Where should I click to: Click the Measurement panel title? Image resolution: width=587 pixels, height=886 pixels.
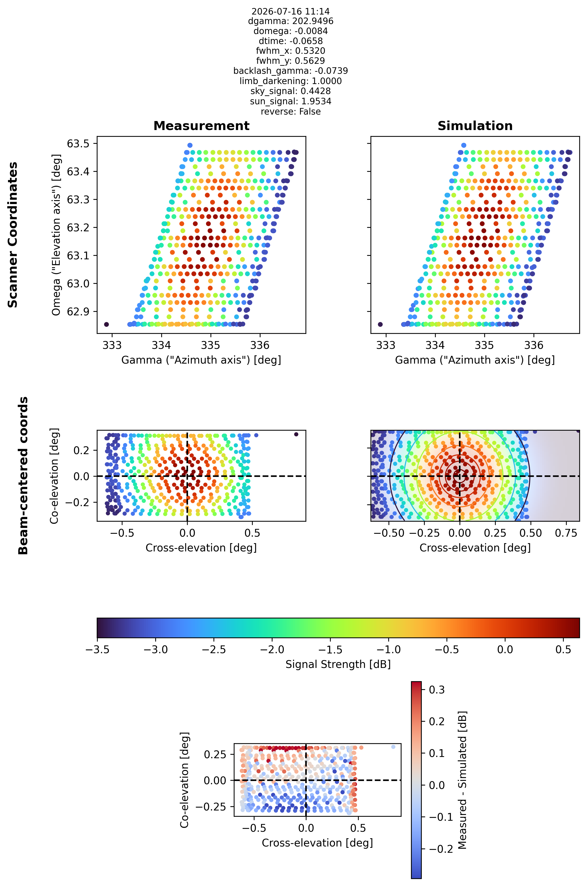(201, 126)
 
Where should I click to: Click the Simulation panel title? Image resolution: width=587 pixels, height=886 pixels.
(475, 126)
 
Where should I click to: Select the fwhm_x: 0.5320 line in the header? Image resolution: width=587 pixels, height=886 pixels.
(290, 51)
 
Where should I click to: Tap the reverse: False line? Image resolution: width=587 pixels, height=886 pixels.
(290, 112)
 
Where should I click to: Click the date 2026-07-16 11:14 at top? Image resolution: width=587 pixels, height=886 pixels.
(290, 11)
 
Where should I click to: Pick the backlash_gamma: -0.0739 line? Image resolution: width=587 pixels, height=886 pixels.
(290, 71)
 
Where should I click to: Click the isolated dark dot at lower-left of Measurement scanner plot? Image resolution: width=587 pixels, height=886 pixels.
(106, 324)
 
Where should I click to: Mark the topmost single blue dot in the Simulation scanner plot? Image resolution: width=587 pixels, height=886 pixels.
(464, 145)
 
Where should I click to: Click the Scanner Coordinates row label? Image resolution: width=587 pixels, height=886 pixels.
(13, 235)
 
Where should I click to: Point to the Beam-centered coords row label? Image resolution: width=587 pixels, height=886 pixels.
(23, 476)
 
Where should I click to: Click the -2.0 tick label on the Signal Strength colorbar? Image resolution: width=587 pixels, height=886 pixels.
(272, 650)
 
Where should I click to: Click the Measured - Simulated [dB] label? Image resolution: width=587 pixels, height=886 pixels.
(463, 780)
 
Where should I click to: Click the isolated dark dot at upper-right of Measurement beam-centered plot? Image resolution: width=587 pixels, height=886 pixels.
(296, 434)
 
